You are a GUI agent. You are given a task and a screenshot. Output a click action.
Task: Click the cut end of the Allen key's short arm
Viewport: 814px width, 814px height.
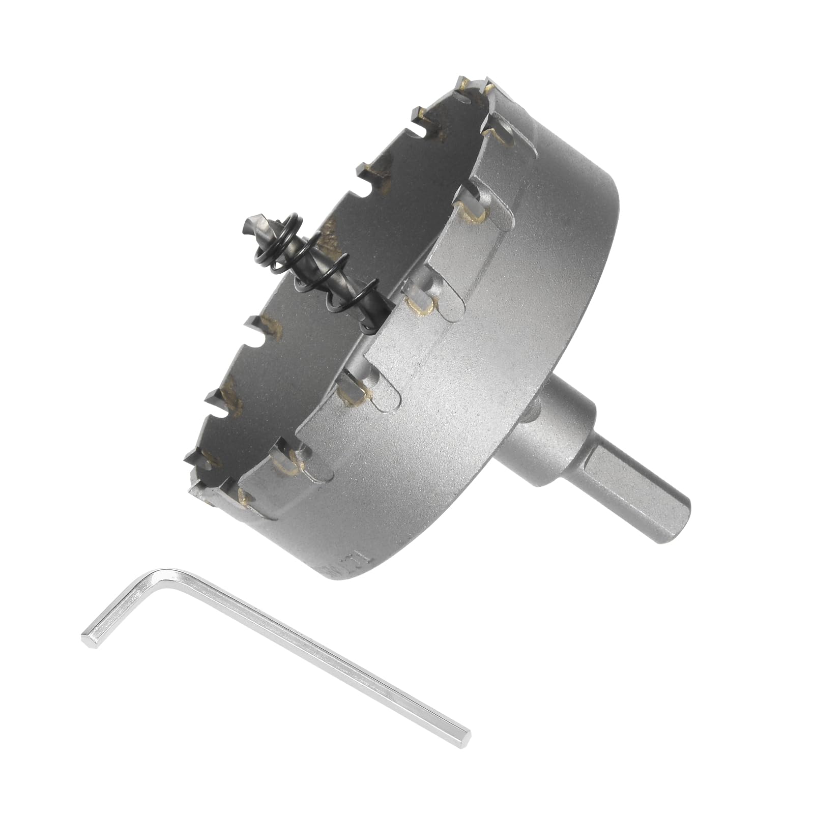[86, 637]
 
